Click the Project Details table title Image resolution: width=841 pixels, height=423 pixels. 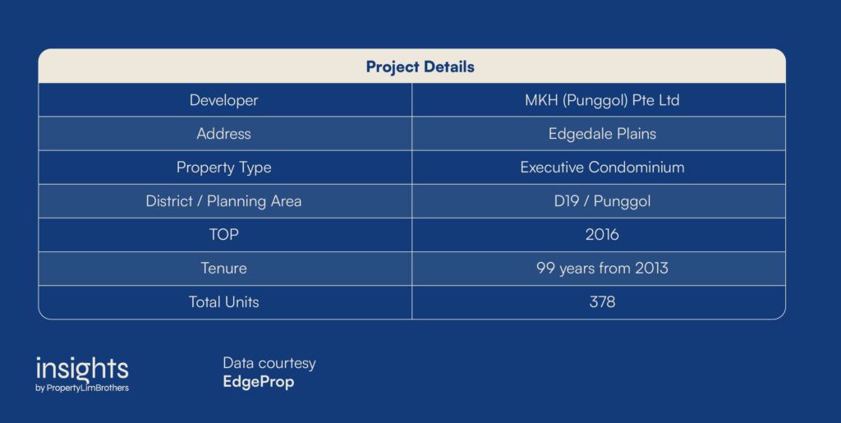pos(420,67)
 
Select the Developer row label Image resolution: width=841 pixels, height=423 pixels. pos(223,100)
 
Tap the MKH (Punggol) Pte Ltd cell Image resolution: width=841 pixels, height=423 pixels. pos(602,100)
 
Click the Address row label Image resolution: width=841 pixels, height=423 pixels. pos(223,134)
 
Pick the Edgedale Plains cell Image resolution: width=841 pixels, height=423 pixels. pos(602,134)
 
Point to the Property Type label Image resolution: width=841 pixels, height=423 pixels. pos(223,168)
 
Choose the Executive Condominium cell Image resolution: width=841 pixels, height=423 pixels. pos(602,168)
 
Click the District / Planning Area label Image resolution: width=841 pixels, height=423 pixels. pos(223,201)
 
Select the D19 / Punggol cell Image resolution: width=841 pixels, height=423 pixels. pos(602,201)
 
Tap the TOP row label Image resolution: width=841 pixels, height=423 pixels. pos(223,234)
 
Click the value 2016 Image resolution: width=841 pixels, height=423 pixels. pos(602,234)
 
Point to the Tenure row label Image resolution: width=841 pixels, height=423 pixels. pos(223,268)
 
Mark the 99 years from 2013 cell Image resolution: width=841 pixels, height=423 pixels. pos(602,268)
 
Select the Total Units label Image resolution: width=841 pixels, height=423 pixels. pos(223,301)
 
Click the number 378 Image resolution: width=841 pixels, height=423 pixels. pos(602,301)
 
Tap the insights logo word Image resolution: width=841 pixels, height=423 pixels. pos(82,369)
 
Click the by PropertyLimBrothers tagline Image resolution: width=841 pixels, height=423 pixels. pos(82,389)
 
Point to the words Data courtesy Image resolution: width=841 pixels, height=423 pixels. pos(269,364)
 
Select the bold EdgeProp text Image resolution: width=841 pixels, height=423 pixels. pos(259,382)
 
